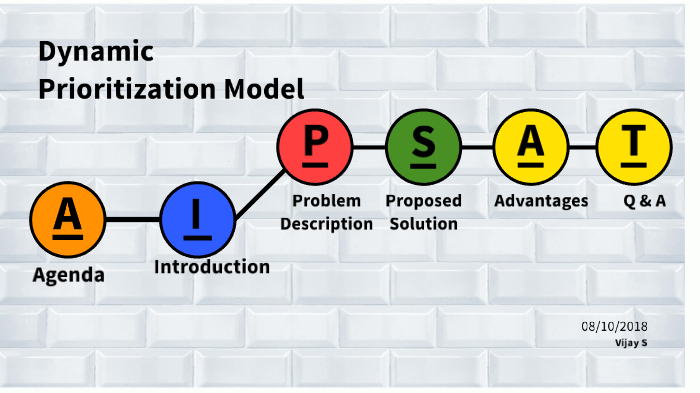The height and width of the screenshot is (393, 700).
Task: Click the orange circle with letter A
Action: (68, 218)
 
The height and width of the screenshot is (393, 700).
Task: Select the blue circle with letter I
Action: (198, 218)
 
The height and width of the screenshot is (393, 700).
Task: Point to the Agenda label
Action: (68, 274)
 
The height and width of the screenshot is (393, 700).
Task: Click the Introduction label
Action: (212, 267)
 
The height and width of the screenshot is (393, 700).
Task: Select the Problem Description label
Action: (326, 212)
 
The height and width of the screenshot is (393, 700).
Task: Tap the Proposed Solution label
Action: (423, 212)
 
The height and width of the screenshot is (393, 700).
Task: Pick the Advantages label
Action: (541, 201)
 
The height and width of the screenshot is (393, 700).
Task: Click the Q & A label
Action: (644, 201)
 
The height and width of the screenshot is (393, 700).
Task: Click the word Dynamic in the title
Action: (96, 51)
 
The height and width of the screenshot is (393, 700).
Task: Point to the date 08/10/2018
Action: (614, 327)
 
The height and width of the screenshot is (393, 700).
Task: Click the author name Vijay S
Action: (630, 343)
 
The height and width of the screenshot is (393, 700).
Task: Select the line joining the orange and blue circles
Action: (133, 218)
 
